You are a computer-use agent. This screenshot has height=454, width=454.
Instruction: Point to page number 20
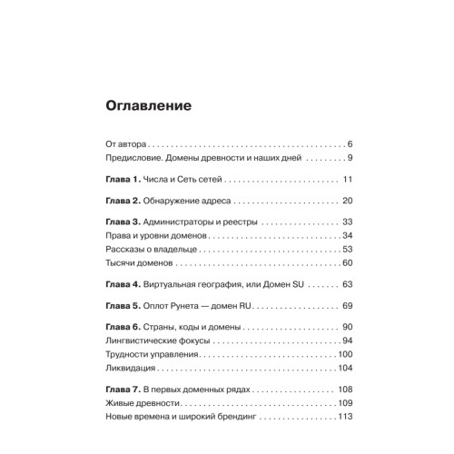pos(346,201)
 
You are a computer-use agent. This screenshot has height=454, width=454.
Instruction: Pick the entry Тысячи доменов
pos(138,263)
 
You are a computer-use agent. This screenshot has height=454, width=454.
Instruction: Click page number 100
pos(343,355)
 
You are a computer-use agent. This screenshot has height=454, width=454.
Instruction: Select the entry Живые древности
pos(142,403)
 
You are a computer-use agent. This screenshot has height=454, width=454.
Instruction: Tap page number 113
pos(343,417)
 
